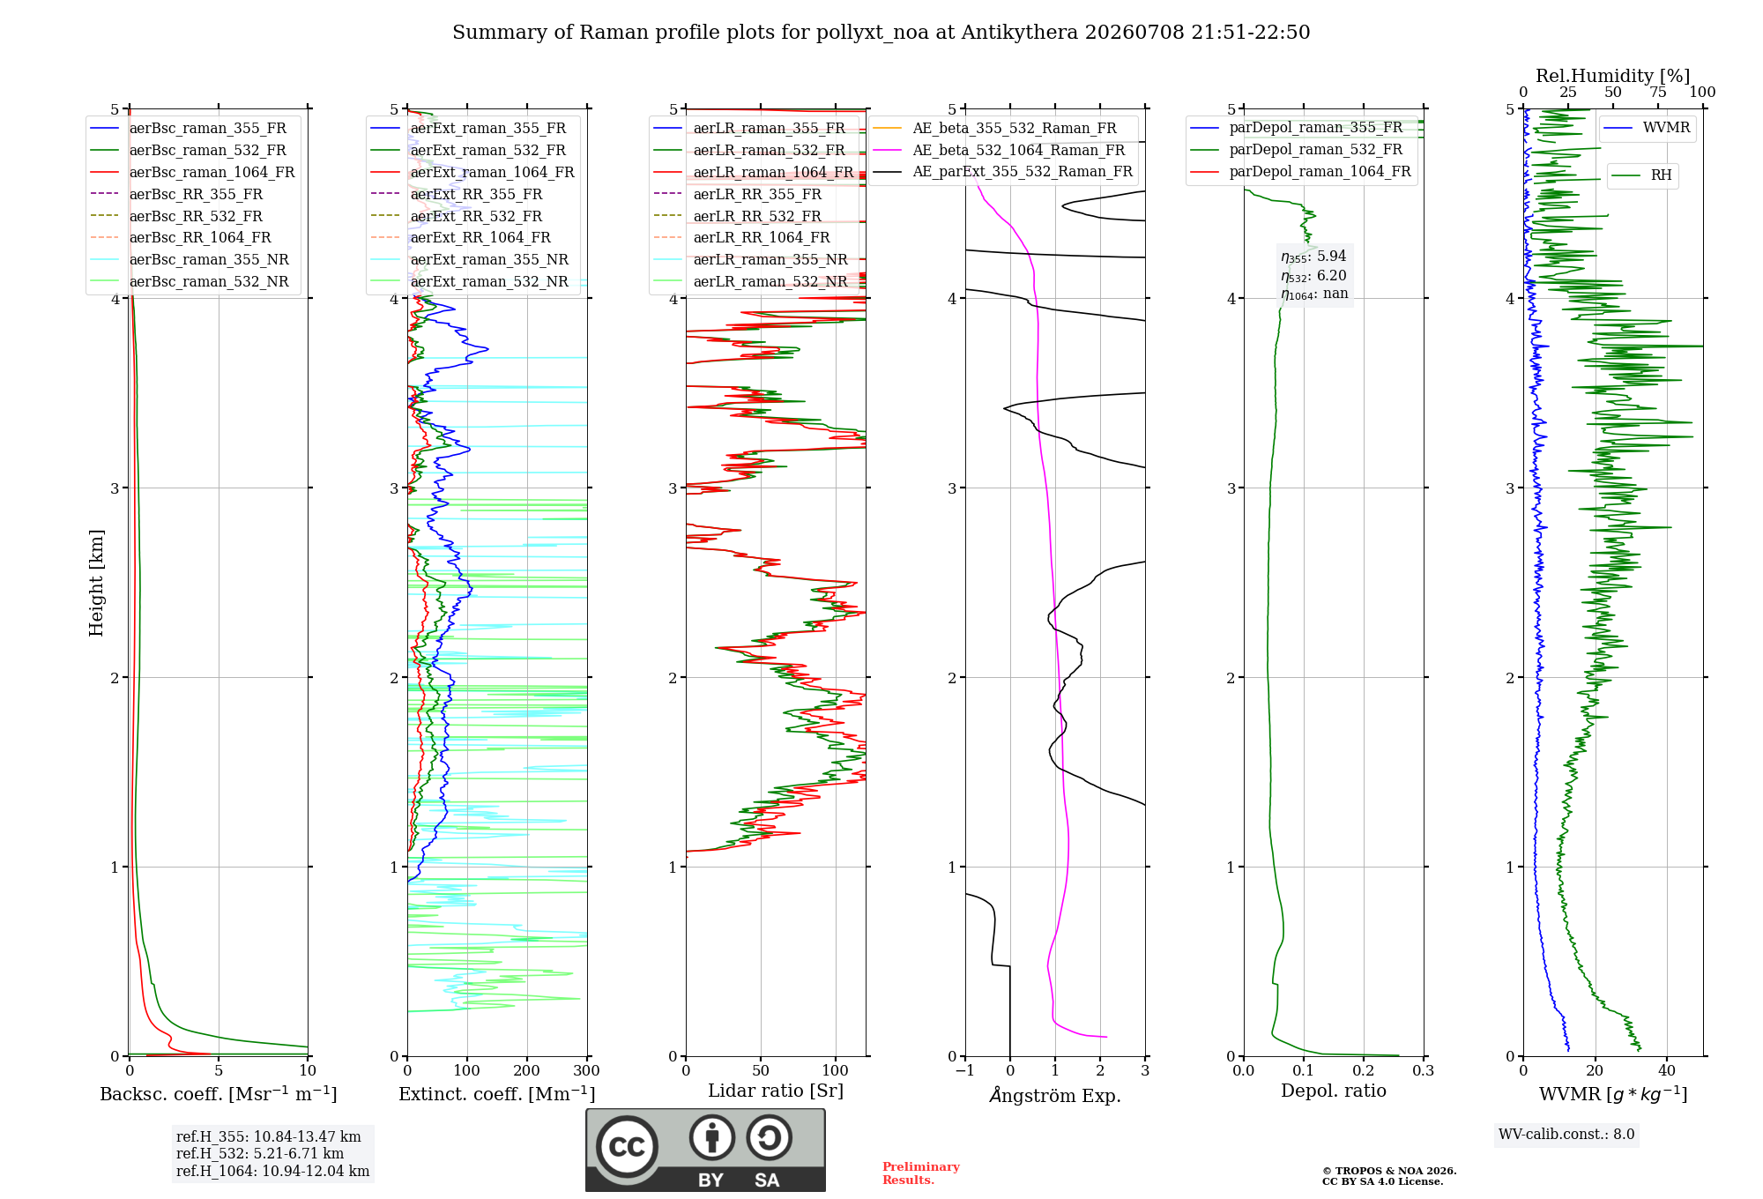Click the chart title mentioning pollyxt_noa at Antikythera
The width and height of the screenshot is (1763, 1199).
(881, 33)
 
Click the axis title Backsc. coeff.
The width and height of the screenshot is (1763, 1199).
(219, 1094)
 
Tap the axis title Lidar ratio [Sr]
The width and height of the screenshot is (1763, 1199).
(776, 1091)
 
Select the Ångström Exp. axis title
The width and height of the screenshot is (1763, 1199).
(1055, 1095)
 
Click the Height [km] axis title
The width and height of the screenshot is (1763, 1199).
(96, 583)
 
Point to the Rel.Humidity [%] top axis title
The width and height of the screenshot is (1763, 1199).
(1613, 76)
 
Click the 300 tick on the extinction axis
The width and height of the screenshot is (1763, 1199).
(586, 1070)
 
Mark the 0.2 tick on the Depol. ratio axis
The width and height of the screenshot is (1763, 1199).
(1364, 1070)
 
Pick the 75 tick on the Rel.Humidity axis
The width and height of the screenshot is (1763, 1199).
(1658, 93)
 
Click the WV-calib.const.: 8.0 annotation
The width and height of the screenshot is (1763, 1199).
(1566, 1135)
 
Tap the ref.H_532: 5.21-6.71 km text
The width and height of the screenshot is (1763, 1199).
(260, 1153)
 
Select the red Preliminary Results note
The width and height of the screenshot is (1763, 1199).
(921, 1173)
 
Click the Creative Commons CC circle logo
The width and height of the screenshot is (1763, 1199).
(627, 1146)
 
